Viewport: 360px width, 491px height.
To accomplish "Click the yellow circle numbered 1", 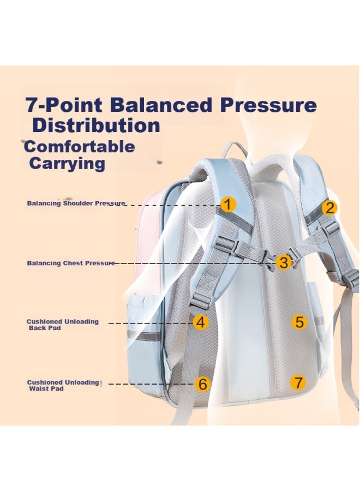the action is pos(228,204).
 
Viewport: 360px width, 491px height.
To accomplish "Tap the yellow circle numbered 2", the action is pos(329,208).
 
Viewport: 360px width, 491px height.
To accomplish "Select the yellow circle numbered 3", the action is pos(284,262).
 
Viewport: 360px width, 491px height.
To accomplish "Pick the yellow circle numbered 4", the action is pos(201,321).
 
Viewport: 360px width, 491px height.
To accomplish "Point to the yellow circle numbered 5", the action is pos(299,321).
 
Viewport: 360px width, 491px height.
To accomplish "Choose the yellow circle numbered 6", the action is pos(202,384).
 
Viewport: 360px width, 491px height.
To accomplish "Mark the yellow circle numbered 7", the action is pos(298,382).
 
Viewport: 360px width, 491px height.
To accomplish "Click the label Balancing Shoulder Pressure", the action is pos(76,203).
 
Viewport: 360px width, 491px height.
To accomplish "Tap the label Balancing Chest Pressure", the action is pos(71,263).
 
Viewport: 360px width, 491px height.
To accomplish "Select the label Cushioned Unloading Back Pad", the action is pos(62,325).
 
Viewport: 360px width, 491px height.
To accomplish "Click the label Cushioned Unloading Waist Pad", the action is pos(63,386).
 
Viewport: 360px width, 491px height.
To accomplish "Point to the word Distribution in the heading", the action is pos(97,125).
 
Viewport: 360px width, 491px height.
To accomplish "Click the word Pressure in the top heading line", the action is pos(268,105).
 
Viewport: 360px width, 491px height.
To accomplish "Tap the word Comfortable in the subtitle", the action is pos(80,147).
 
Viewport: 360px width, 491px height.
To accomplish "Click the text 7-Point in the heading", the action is pos(64,105).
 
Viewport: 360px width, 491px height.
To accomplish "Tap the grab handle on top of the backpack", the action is pos(234,149).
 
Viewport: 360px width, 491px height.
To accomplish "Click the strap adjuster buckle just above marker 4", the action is pos(200,301).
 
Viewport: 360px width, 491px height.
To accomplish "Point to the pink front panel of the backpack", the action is pos(149,238).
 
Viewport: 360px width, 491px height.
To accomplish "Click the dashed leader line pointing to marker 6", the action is pos(151,384).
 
